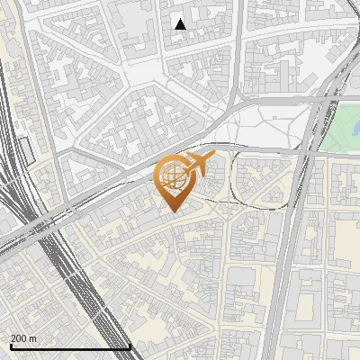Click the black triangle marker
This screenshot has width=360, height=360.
[181, 24]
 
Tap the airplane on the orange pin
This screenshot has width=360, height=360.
[198, 165]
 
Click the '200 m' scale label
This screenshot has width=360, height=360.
[23, 338]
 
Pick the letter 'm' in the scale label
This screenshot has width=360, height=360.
[32, 338]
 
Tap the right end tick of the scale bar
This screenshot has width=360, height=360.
[130, 346]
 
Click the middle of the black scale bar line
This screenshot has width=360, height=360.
[69, 347]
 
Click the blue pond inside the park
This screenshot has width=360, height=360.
[355, 129]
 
